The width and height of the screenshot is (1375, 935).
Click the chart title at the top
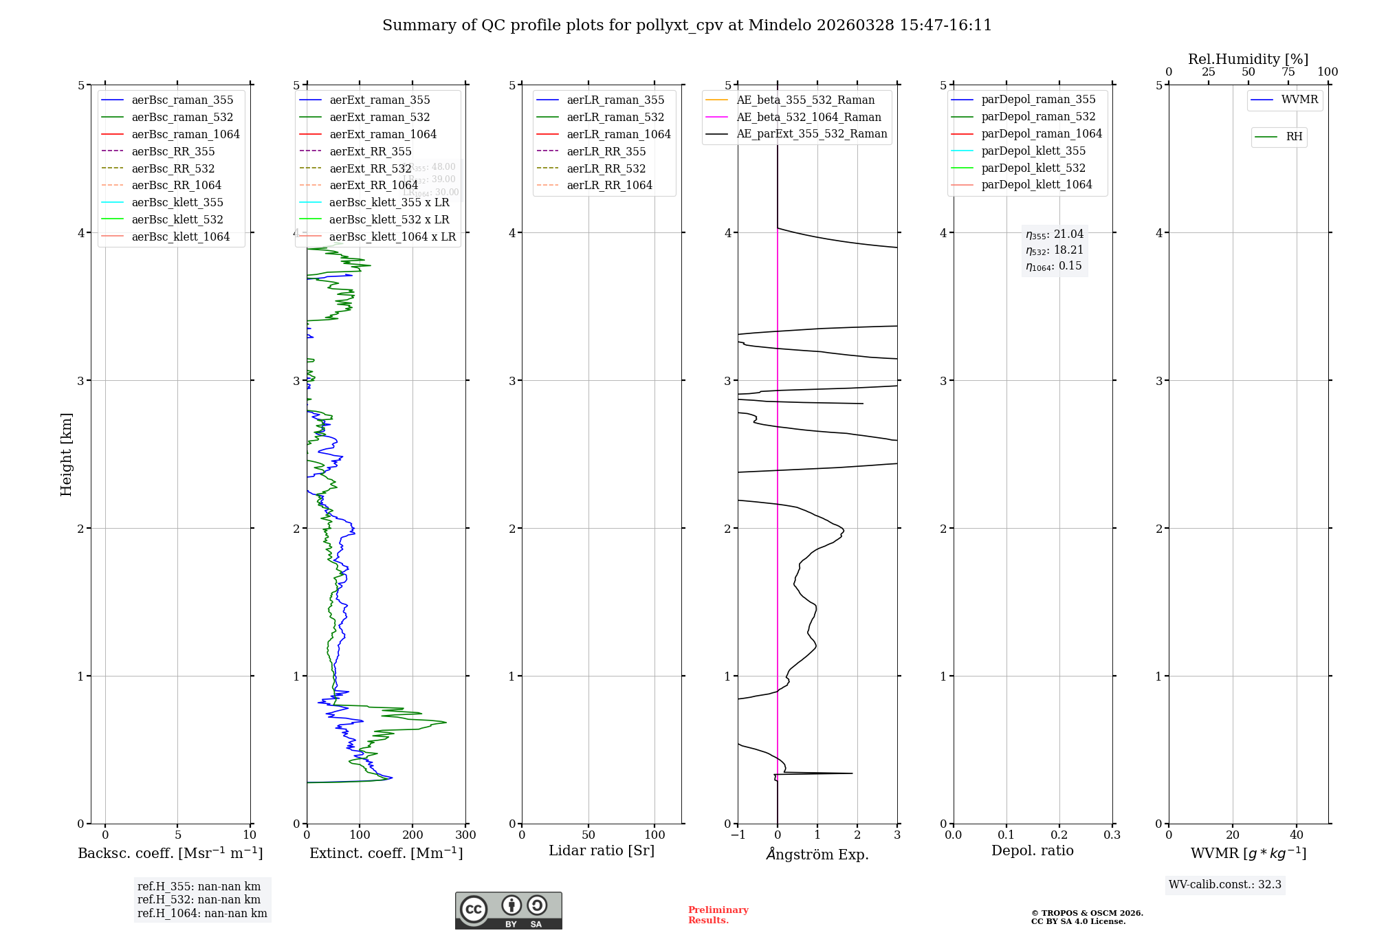tap(687, 25)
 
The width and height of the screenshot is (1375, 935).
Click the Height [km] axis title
tap(66, 454)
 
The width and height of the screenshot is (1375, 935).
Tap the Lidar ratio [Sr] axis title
tap(602, 850)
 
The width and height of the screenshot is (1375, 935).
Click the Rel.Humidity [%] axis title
tap(1248, 59)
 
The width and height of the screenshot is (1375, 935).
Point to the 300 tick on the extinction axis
tap(465, 835)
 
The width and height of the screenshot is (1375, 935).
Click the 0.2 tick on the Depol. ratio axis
tap(1059, 835)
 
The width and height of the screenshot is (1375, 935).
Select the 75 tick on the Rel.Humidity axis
tap(1288, 72)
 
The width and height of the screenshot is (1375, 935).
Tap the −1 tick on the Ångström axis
tap(738, 835)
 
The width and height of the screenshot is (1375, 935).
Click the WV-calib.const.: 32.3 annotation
tap(1225, 884)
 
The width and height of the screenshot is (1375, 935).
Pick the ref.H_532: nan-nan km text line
tap(199, 899)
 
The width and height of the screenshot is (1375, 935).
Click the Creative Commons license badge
tap(508, 910)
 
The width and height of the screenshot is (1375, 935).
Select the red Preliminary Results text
tap(718, 914)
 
